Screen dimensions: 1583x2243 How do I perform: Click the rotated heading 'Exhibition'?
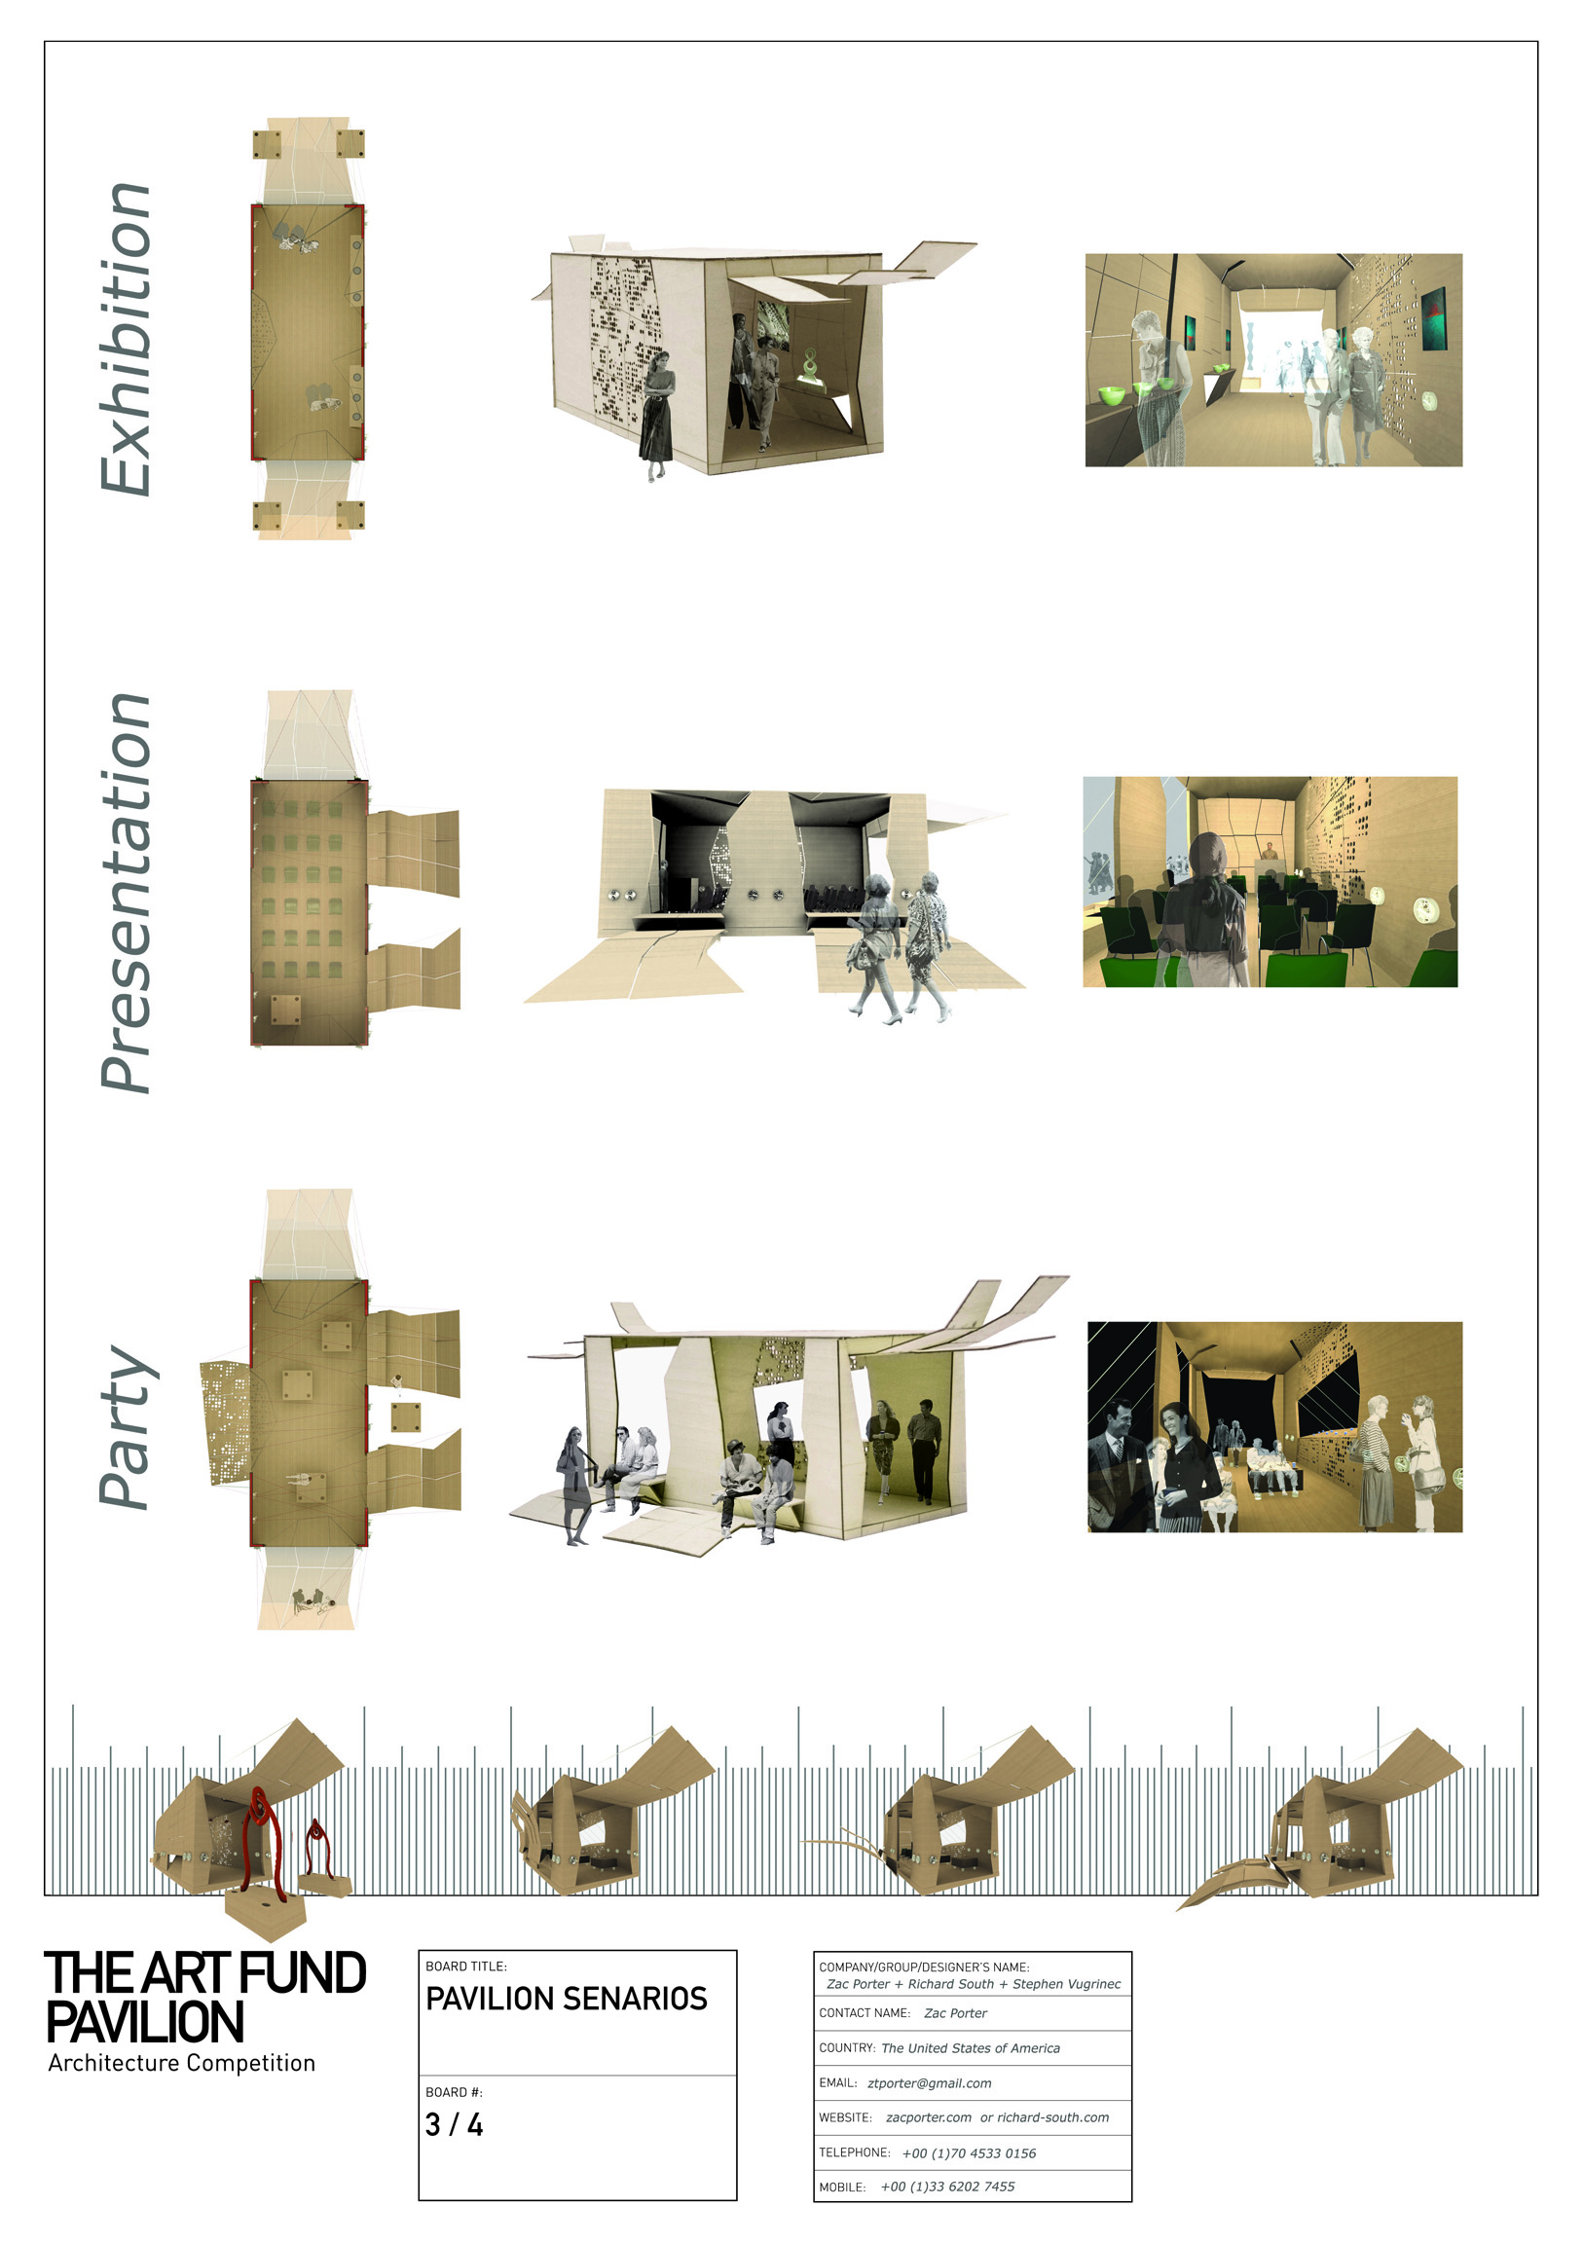click(125, 339)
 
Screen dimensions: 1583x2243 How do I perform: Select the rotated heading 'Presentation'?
click(125, 893)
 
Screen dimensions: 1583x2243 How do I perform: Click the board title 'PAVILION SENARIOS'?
click(566, 1999)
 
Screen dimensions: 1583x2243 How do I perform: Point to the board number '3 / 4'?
click(454, 2125)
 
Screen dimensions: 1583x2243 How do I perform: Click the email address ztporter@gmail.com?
click(930, 2082)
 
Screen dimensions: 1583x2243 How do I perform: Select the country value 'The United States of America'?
click(971, 2047)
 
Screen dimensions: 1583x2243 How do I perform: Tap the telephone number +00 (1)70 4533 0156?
click(969, 2153)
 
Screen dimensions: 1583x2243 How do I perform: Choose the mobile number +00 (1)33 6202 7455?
click(947, 2187)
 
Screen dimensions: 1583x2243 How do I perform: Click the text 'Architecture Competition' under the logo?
click(182, 2063)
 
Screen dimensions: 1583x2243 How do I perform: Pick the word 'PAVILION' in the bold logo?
click(145, 2022)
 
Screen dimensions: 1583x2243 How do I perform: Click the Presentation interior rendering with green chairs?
click(1270, 881)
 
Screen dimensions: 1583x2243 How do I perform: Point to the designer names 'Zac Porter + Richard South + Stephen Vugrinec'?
click(974, 1984)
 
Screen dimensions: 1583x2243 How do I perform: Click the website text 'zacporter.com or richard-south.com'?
click(998, 2118)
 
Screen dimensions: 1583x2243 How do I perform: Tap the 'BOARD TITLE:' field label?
click(466, 1967)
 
